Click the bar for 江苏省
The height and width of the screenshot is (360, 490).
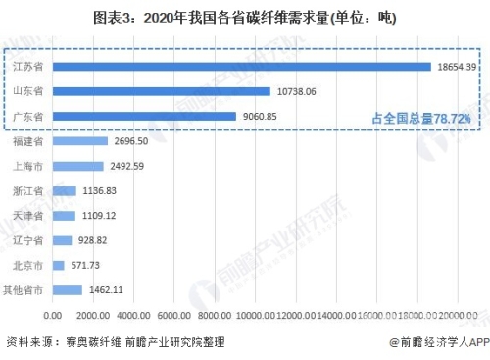(242, 66)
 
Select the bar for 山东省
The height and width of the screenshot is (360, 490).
(162, 91)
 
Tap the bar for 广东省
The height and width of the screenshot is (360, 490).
(145, 117)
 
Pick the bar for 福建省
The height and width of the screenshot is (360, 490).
(80, 141)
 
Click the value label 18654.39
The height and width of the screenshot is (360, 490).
(456, 66)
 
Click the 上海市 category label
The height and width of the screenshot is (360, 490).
(29, 166)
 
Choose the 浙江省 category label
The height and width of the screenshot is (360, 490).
(29, 190)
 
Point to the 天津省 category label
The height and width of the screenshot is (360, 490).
(29, 215)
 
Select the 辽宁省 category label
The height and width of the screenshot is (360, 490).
(29, 240)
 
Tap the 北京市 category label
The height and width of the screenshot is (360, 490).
(29, 265)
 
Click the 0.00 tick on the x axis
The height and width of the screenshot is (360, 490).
(54, 315)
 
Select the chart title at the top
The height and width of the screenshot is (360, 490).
(245, 17)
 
